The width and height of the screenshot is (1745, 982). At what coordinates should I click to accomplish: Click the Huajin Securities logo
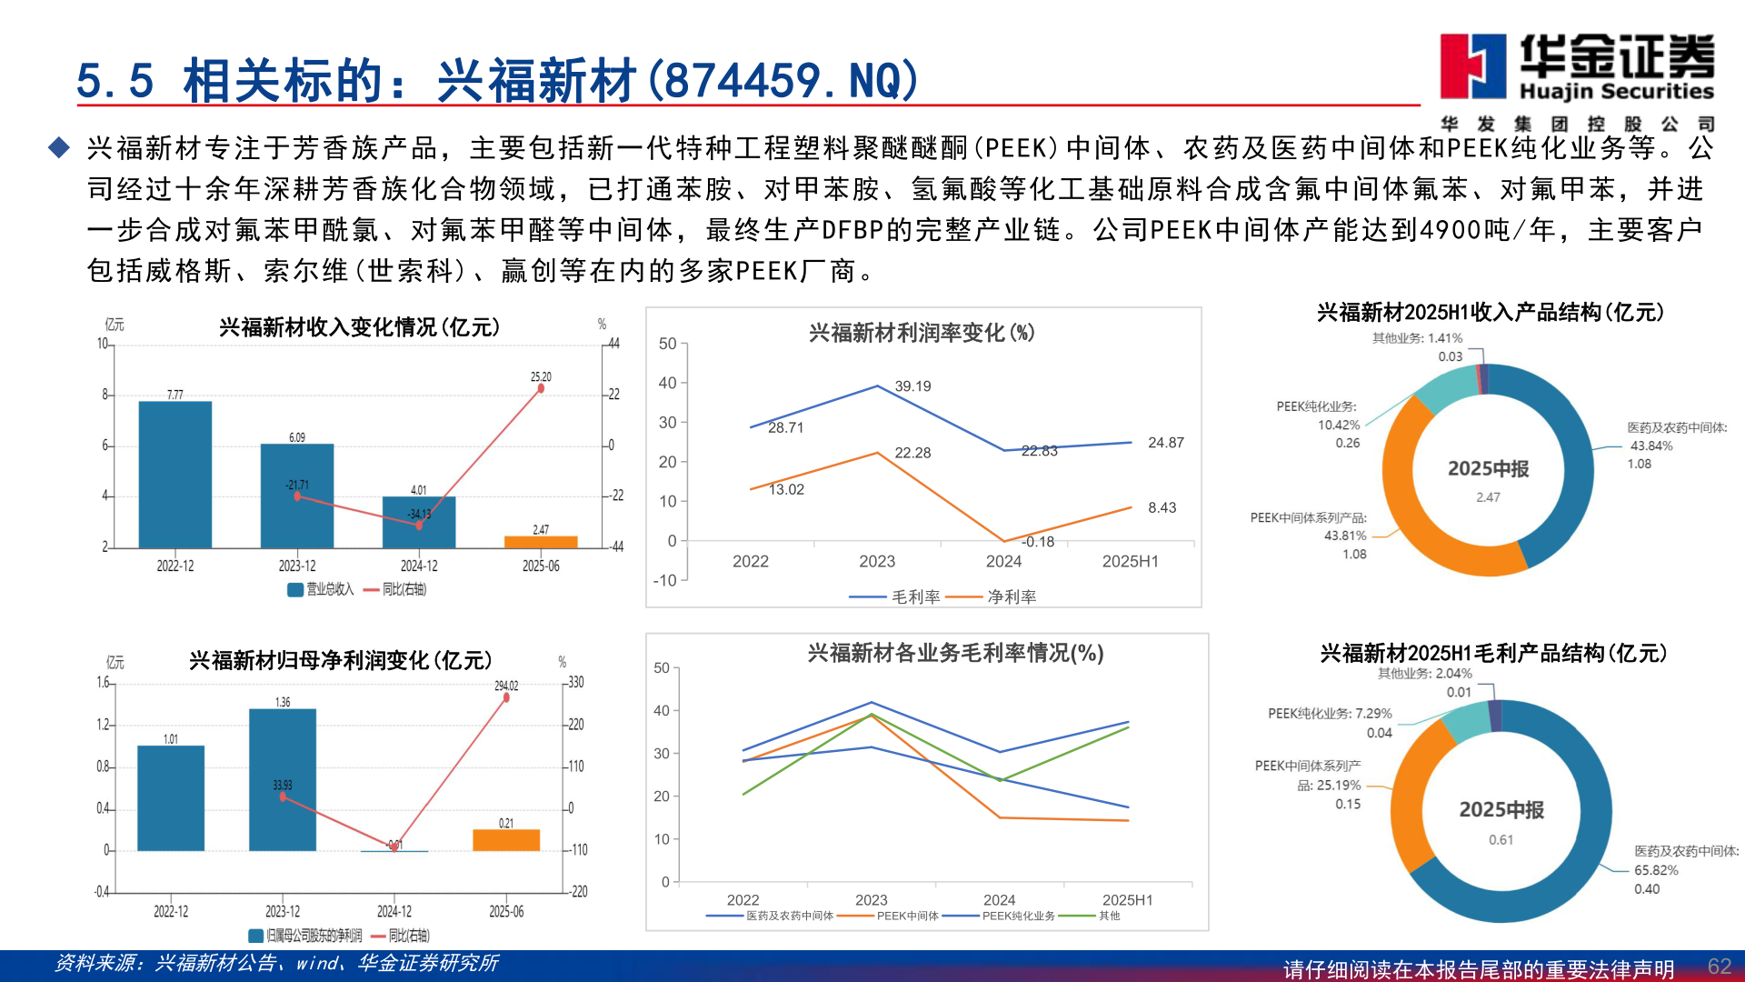(x=1577, y=68)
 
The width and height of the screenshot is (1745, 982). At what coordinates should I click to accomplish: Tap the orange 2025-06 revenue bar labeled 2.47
(x=541, y=542)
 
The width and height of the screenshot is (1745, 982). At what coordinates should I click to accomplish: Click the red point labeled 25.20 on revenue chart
(x=541, y=388)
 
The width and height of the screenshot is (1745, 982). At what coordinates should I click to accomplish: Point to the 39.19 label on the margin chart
(x=912, y=386)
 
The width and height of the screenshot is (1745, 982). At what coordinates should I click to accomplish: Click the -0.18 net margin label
(x=1038, y=542)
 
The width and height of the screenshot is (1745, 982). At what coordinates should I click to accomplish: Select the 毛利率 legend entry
(x=895, y=596)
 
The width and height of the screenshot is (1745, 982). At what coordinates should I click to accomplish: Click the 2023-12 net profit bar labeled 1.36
(x=283, y=779)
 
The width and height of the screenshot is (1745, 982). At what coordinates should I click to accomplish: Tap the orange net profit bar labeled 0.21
(x=506, y=839)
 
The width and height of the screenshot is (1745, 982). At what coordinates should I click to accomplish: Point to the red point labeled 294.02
(x=506, y=697)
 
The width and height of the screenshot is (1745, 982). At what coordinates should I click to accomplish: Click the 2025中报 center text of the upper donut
(x=1488, y=469)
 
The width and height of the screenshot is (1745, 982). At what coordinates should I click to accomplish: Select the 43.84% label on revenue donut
(x=1651, y=446)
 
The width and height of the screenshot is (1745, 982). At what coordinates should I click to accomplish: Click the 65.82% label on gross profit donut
(x=1656, y=870)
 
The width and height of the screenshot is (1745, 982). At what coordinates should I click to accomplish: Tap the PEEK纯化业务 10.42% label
(x=1338, y=425)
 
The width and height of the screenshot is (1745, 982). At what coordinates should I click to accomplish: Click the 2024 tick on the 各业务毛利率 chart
(x=999, y=899)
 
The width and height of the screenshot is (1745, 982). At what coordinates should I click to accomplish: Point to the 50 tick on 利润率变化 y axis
(x=667, y=344)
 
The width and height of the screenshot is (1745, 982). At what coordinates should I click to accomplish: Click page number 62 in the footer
(x=1719, y=966)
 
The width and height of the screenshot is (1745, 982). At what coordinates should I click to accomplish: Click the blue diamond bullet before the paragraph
(x=59, y=147)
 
